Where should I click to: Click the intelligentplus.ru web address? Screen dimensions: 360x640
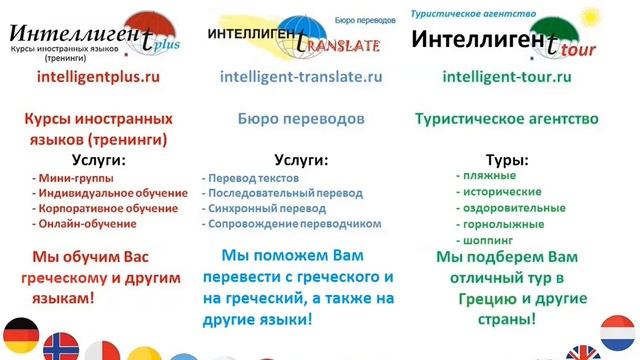(x=97, y=76)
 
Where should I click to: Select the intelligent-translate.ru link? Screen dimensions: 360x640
(x=301, y=76)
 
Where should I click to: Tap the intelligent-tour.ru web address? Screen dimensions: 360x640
(x=506, y=76)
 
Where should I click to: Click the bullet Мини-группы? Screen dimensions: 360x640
(x=64, y=177)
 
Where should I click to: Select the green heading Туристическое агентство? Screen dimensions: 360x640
(x=506, y=118)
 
